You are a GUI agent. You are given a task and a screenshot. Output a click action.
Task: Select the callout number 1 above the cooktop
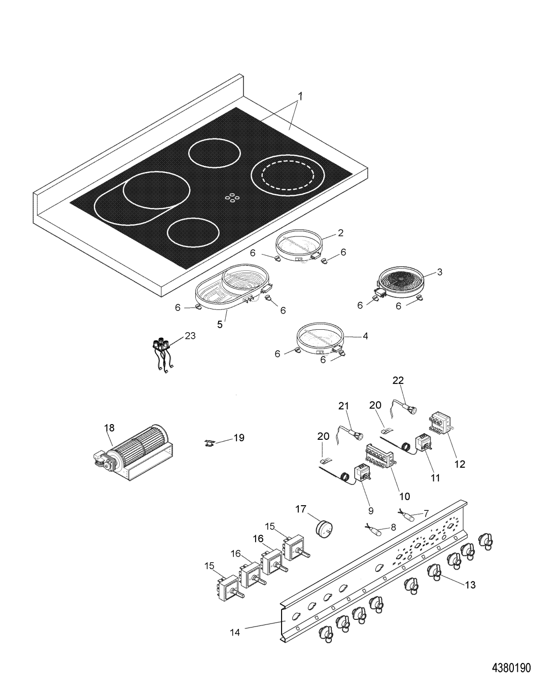click(300, 96)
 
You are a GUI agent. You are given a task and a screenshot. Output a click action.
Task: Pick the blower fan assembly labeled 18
click(133, 452)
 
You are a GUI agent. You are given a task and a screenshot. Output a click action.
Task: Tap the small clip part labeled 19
click(208, 442)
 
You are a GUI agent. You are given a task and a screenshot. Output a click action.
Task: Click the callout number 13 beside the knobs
click(470, 585)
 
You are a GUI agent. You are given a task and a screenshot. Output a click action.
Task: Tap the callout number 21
click(344, 405)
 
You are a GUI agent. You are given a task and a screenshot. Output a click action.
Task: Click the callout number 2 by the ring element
click(340, 233)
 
